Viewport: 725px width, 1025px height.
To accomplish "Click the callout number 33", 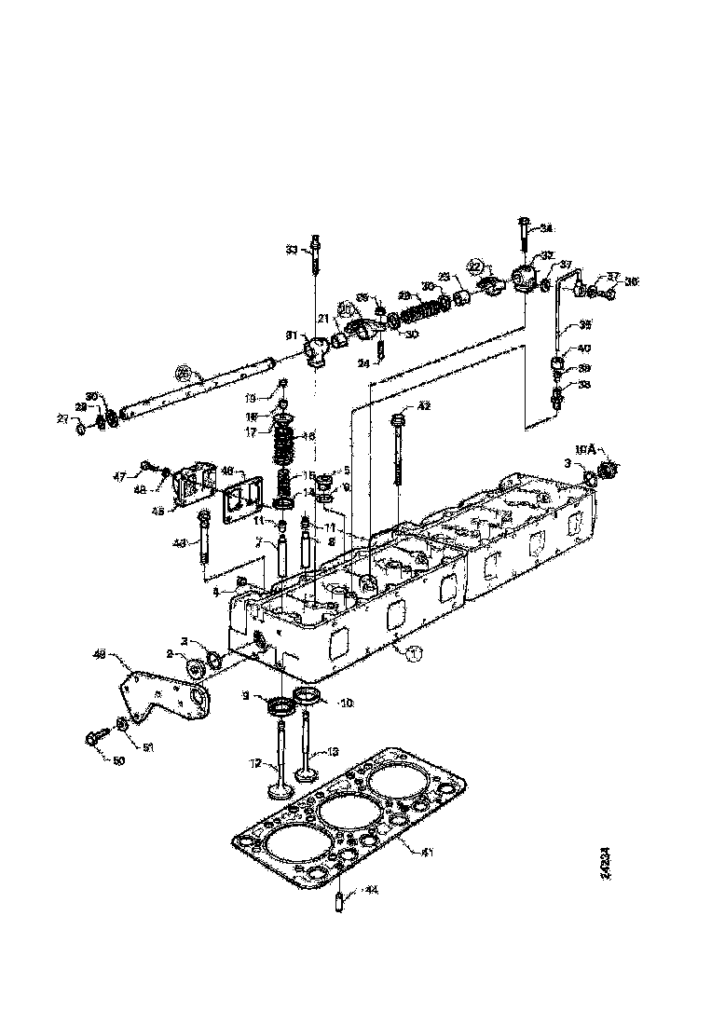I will pyautogui.click(x=291, y=249).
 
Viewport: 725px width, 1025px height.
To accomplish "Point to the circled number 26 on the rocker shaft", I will pyautogui.click(x=184, y=374).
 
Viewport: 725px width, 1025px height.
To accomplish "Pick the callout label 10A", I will pyautogui.click(x=585, y=448).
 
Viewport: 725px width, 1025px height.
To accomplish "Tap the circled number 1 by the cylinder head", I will pyautogui.click(x=415, y=654).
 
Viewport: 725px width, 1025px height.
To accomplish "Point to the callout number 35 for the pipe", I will pyautogui.click(x=584, y=325).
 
